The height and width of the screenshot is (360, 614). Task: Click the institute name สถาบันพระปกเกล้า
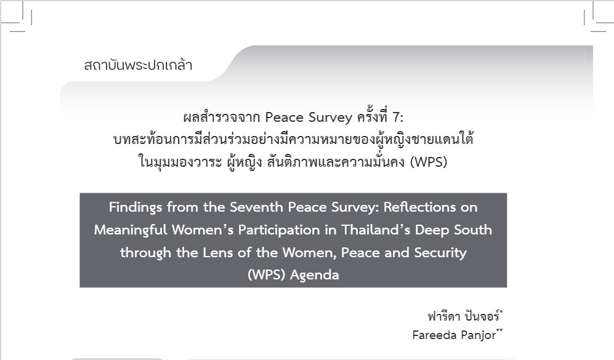click(x=138, y=65)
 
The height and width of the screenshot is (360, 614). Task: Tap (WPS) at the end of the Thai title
click(x=429, y=162)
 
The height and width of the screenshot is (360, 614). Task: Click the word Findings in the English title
click(x=135, y=207)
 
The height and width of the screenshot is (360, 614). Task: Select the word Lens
click(x=218, y=252)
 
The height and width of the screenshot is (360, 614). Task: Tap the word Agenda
click(x=315, y=275)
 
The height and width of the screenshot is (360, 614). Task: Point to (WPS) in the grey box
click(x=266, y=274)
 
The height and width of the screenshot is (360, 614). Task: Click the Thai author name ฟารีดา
click(x=443, y=316)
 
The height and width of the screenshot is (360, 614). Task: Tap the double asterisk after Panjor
click(x=499, y=330)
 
